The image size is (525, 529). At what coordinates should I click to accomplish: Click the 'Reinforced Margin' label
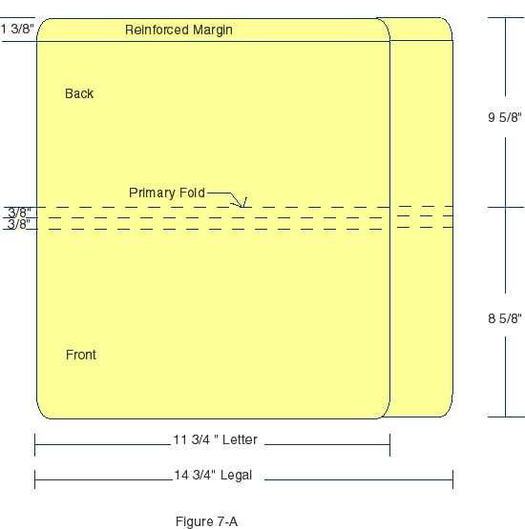(178, 30)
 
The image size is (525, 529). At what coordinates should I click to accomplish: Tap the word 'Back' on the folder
(79, 93)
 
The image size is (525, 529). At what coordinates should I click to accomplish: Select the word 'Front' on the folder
(81, 355)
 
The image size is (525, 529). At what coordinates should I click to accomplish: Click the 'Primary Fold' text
(166, 193)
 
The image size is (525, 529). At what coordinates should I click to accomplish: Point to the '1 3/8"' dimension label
(17, 29)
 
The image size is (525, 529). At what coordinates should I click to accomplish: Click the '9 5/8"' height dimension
(505, 118)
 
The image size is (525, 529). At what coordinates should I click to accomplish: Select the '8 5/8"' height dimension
(505, 318)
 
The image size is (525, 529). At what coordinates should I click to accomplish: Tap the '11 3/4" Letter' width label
(215, 440)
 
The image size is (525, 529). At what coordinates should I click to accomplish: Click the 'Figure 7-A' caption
(206, 520)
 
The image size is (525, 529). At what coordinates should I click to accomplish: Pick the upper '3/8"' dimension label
(19, 213)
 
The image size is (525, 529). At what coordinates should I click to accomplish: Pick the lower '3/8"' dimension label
(19, 224)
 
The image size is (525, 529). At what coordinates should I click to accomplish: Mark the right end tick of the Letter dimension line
(389, 444)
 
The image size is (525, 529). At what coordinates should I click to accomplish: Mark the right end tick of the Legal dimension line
(452, 478)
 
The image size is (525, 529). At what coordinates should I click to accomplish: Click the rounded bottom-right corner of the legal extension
(447, 411)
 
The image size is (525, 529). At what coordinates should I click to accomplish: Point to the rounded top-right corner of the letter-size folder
(384, 24)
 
